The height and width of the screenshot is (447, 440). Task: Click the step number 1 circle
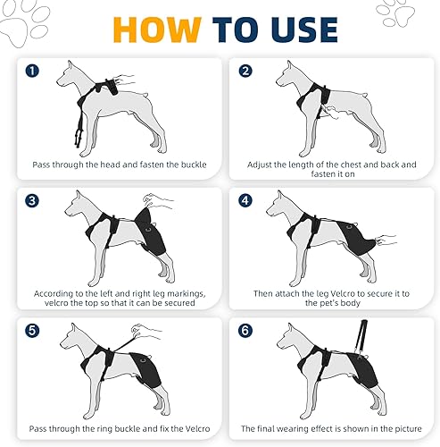(32, 70)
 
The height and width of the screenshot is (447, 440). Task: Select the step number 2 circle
(245, 70)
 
